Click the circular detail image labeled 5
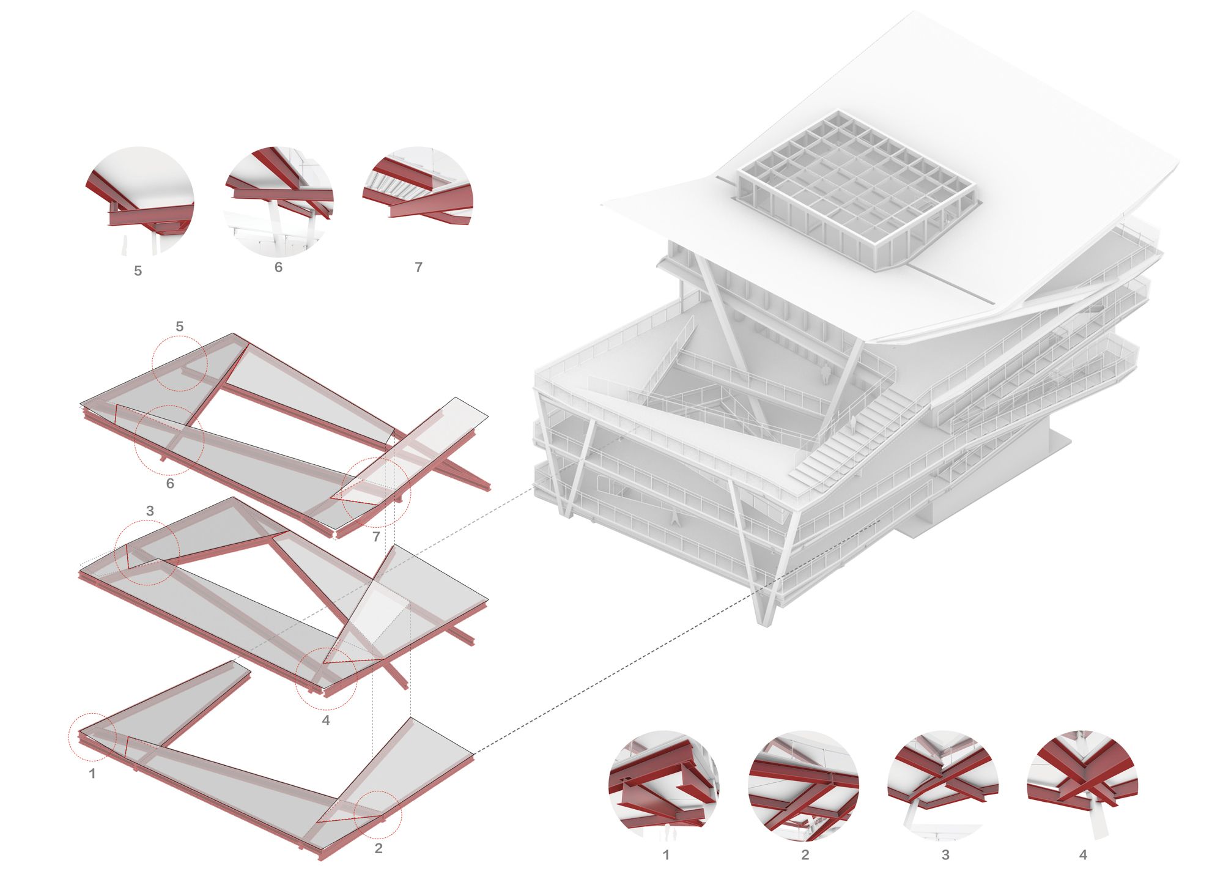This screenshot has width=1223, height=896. point(140,201)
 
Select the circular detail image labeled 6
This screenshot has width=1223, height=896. point(279,201)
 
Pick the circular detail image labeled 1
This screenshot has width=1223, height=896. point(664,784)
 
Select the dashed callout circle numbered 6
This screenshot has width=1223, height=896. point(169,440)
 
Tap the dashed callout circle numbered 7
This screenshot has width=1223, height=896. point(377,492)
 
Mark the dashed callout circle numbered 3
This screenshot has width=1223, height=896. point(147,553)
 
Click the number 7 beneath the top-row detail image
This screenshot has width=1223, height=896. point(418,267)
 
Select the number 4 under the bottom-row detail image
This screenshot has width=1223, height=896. point(1083,854)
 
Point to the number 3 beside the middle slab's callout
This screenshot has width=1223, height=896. point(150,511)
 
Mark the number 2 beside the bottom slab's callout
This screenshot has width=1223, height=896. point(379,848)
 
